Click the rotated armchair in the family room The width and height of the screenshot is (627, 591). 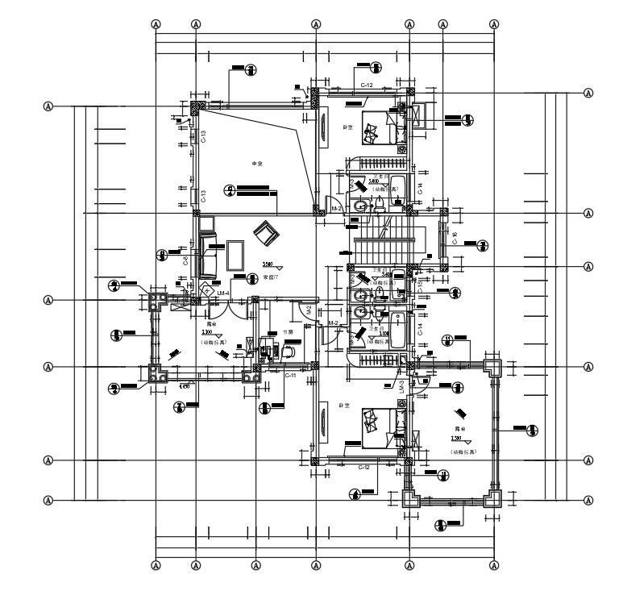click(264, 235)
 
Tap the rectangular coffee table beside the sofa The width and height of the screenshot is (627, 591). click(236, 254)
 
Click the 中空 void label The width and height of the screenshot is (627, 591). click(258, 164)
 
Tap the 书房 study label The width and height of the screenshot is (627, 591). click(286, 331)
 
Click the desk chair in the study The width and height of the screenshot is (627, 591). click(287, 351)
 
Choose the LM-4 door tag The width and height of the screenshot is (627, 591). click(223, 293)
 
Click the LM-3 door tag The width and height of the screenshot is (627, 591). click(401, 386)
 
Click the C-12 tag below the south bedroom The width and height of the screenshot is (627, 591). click(364, 467)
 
